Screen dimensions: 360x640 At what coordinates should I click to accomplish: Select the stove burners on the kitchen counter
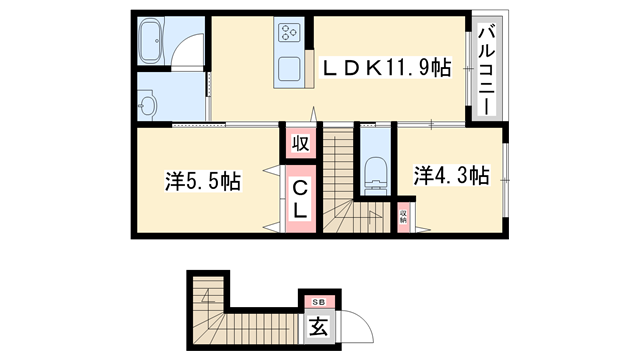[x=290, y=34]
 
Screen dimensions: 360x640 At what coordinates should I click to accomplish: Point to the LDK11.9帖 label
[x=385, y=68]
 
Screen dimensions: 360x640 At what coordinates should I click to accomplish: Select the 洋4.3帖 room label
[x=451, y=176]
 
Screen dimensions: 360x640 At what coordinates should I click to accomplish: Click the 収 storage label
[x=300, y=143]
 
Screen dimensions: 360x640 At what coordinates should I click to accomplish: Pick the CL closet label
[x=300, y=198]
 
